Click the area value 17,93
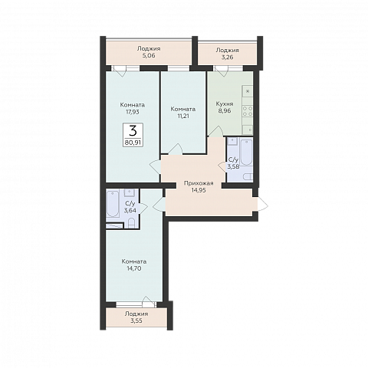[133, 112]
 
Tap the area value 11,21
[183, 116]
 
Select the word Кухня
[225, 104]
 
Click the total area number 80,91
[133, 143]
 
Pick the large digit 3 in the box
[133, 131]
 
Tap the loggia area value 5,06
[149, 55]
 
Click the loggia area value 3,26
[227, 57]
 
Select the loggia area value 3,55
[136, 320]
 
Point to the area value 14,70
[134, 268]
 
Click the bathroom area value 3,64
[130, 211]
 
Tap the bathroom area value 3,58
[233, 167]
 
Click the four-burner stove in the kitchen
[248, 111]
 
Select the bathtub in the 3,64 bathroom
[113, 203]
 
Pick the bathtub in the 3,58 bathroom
[246, 152]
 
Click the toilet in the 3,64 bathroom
[131, 223]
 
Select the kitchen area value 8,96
[225, 111]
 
